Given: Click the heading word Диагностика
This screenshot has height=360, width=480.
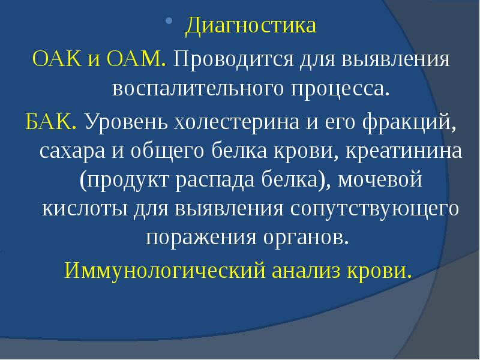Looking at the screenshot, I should tap(250, 26).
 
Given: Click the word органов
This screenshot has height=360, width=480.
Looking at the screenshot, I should tap(311, 238).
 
